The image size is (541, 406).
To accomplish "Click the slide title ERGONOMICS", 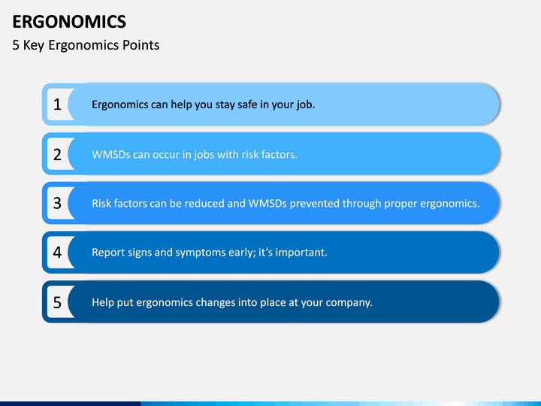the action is click(69, 22).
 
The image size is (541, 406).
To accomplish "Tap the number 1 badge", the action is click(57, 105).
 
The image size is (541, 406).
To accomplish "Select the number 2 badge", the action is click(57, 154).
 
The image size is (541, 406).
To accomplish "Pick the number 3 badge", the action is click(57, 203).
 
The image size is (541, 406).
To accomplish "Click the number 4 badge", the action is click(57, 253).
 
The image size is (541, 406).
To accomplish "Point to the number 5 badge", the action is click(57, 302).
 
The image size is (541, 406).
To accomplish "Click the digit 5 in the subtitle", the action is click(16, 45).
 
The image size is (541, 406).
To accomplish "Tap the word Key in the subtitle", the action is click(34, 46).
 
